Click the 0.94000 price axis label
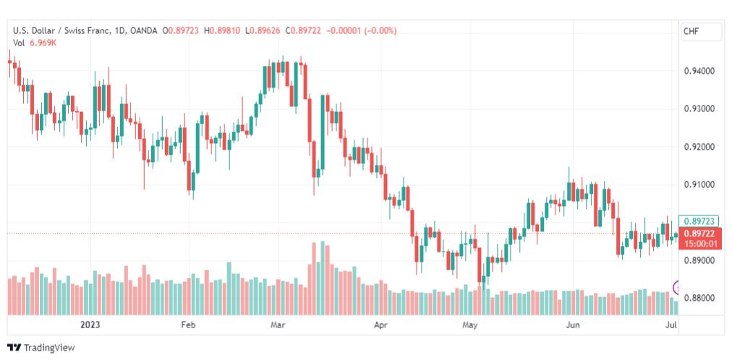pyautogui.click(x=699, y=72)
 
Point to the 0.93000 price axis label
pyautogui.click(x=699, y=109)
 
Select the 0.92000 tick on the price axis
pyautogui.click(x=699, y=147)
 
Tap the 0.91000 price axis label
pyautogui.click(x=699, y=185)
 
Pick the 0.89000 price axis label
pyautogui.click(x=699, y=261)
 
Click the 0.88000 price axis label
pyautogui.click(x=699, y=299)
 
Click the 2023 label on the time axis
pyautogui.click(x=90, y=325)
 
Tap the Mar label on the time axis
pyautogui.click(x=279, y=325)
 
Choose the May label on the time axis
pyautogui.click(x=471, y=325)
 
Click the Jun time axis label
pyautogui.click(x=572, y=325)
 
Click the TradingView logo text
pyautogui.click(x=49, y=348)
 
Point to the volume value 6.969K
pyautogui.click(x=43, y=43)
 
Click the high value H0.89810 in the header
pyautogui.click(x=222, y=31)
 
